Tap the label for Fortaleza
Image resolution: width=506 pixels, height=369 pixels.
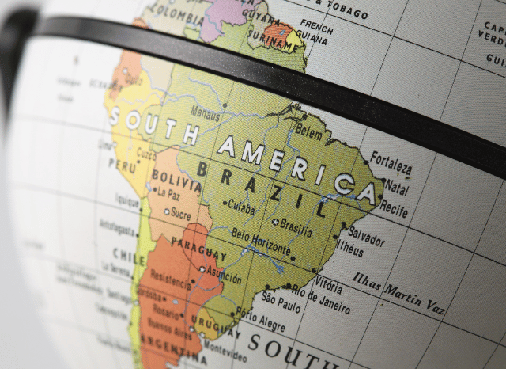coord(391,163)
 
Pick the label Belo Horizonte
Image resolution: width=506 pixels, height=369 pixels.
coord(261,241)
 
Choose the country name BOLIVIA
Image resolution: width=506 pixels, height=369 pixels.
coord(176,176)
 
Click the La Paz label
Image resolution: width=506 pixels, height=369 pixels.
coord(169,192)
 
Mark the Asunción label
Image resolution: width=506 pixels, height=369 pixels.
coord(224,278)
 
